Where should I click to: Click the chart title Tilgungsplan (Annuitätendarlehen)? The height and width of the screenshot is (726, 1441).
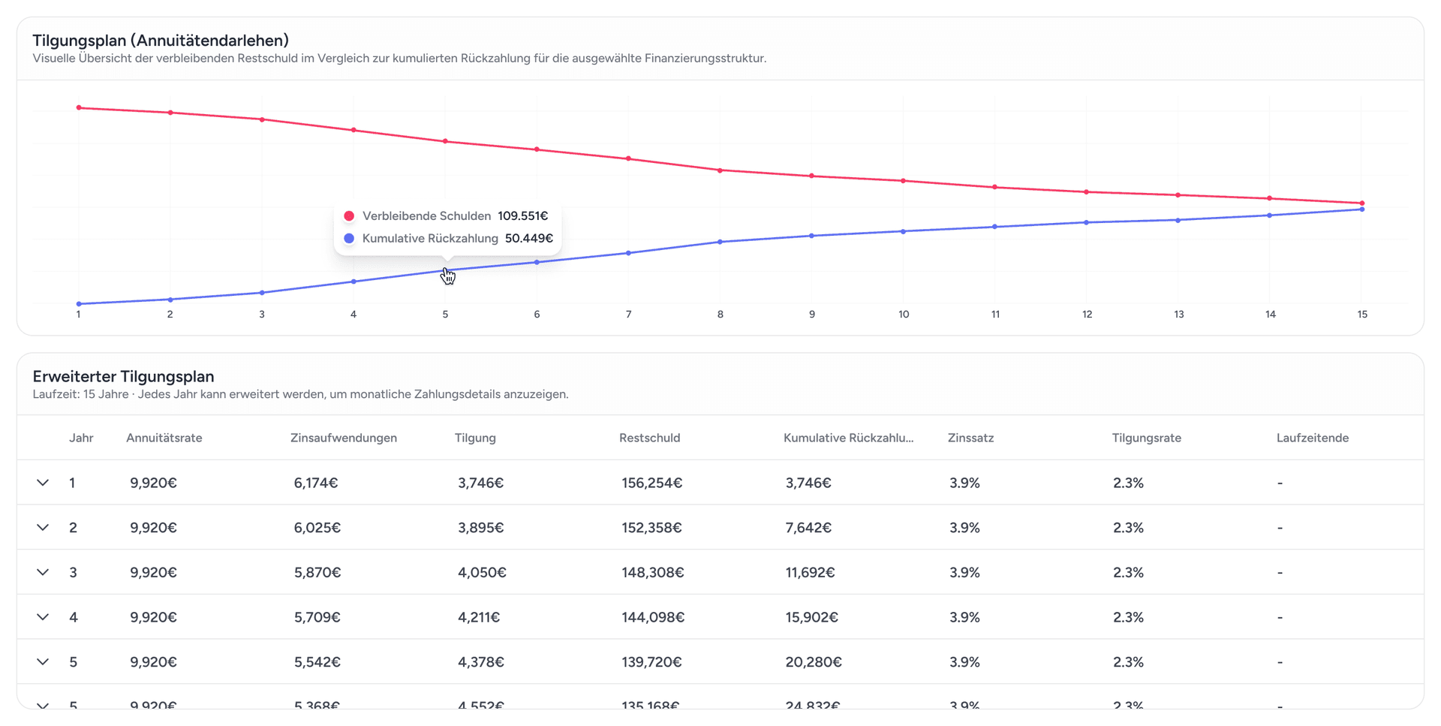pos(161,41)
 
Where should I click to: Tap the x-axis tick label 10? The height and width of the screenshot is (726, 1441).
pos(904,315)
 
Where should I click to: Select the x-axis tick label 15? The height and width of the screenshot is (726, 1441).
pos(1362,315)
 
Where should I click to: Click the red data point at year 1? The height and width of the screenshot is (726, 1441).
pos(79,108)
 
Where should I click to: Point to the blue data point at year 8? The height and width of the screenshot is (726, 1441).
pos(720,242)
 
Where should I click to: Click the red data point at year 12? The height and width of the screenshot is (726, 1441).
pos(1087,192)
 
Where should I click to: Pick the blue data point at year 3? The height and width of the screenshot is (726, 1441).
pos(262,293)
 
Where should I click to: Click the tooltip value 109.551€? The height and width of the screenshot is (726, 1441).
pos(522,216)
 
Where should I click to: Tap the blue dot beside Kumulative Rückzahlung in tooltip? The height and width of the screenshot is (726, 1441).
pos(349,239)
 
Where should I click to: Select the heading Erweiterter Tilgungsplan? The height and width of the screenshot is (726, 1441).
pos(123,377)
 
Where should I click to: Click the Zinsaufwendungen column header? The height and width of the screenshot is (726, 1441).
pos(344,438)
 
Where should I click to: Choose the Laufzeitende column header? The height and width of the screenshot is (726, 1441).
pos(1312,438)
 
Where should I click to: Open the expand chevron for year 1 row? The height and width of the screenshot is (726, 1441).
pos(43,483)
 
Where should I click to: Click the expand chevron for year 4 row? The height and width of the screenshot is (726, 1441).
pos(43,617)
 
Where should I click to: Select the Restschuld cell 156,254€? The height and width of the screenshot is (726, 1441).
pos(651,483)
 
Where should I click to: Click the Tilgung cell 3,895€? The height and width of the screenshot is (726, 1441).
pos(480,529)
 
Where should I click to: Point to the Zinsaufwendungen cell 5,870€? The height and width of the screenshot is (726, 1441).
pos(317,573)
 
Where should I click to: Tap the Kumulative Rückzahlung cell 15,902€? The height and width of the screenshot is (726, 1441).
pos(811,618)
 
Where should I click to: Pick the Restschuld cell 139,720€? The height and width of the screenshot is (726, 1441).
pos(651,662)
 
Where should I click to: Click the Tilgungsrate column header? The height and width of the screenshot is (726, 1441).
pos(1146,438)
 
